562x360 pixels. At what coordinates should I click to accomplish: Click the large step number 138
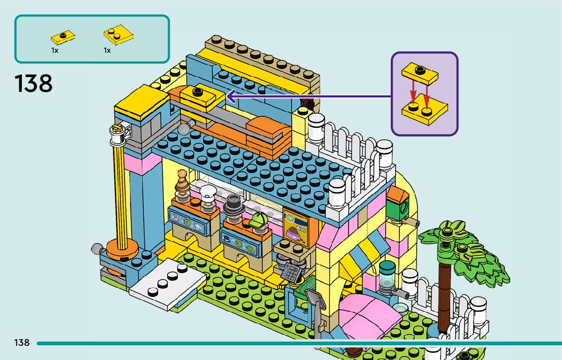click(x=34, y=83)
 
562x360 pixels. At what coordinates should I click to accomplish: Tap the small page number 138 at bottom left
click(x=22, y=343)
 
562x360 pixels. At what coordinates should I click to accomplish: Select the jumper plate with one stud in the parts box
click(x=63, y=37)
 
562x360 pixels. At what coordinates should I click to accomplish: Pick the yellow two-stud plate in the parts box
click(x=118, y=36)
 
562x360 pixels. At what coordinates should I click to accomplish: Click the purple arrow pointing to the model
click(x=305, y=94)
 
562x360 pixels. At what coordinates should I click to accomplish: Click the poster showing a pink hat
click(x=296, y=228)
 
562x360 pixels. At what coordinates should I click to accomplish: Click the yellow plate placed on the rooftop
click(x=200, y=96)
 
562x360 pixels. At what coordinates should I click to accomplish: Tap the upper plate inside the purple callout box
click(x=420, y=73)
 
